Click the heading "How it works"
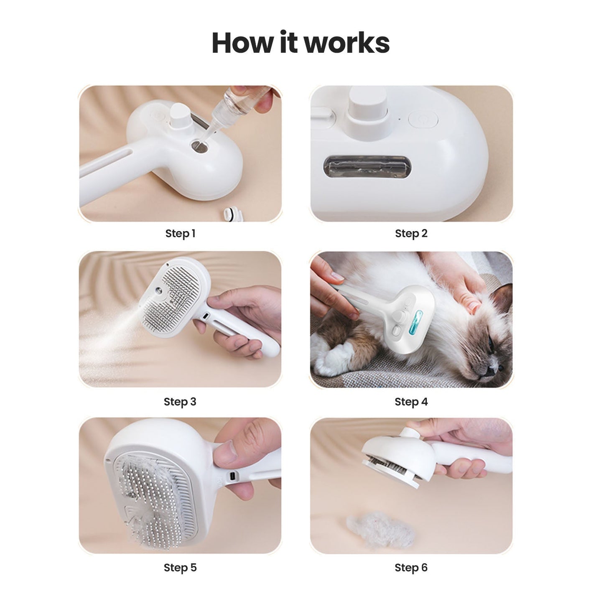click(301, 43)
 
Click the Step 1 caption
click(180, 234)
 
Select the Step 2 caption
click(411, 234)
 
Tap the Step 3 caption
click(180, 402)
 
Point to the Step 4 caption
click(411, 402)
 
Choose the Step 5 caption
click(180, 568)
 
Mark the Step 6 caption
click(411, 568)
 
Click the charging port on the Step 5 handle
click(232, 476)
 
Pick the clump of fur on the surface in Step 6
click(380, 529)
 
